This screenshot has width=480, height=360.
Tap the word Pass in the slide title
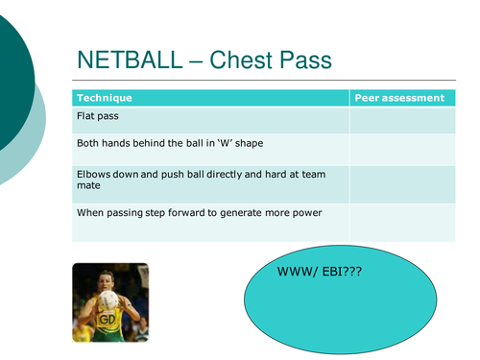[306, 61]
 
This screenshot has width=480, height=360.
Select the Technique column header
[105, 98]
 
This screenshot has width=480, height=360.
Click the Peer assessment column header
[399, 98]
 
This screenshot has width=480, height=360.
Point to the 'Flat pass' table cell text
[98, 116]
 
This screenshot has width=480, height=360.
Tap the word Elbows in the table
[95, 174]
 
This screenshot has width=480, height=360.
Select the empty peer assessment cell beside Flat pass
[402, 120]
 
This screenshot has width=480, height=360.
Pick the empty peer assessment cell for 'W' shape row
[402, 149]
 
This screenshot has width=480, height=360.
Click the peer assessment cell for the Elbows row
[402, 183]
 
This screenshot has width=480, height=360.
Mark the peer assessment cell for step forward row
[402, 222]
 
